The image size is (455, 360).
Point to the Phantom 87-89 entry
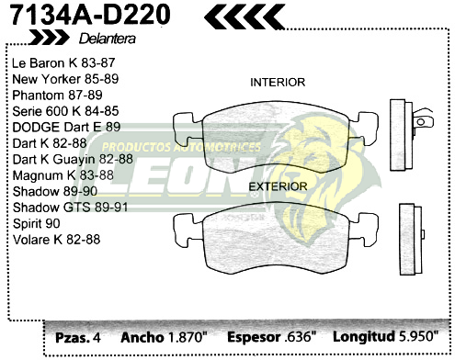click(x=58, y=95)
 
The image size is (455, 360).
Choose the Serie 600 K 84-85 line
click(x=65, y=111)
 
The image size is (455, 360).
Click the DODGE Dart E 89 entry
click(x=66, y=127)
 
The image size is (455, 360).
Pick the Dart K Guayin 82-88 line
click(x=74, y=159)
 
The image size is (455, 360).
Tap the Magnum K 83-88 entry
click(x=63, y=174)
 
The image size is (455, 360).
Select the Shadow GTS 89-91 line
click(x=70, y=208)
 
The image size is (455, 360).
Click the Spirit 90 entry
click(x=37, y=223)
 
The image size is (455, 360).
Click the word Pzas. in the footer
click(x=72, y=336)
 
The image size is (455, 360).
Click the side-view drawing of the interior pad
click(x=405, y=129)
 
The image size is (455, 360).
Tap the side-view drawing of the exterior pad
click(x=410, y=233)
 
